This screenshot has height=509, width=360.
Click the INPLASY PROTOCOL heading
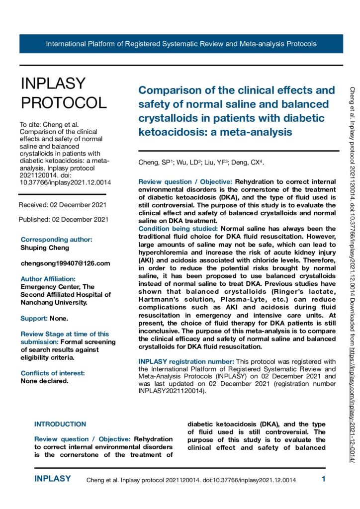pos(64,93)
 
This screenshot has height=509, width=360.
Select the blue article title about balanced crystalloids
pos(237,111)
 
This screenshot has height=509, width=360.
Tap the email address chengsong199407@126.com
pos(65,263)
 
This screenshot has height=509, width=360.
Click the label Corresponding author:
pos(56,239)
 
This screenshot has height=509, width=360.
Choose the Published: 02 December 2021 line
pos(63,219)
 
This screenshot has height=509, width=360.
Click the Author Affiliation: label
pos(48,279)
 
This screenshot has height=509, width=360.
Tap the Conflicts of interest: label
pos(53,373)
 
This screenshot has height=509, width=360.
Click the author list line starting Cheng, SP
pos(201,163)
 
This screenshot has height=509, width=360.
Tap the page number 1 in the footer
pos(324,479)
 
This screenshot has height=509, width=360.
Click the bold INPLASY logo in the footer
pos(53,479)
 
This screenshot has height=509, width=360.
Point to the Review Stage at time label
pos(65,334)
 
